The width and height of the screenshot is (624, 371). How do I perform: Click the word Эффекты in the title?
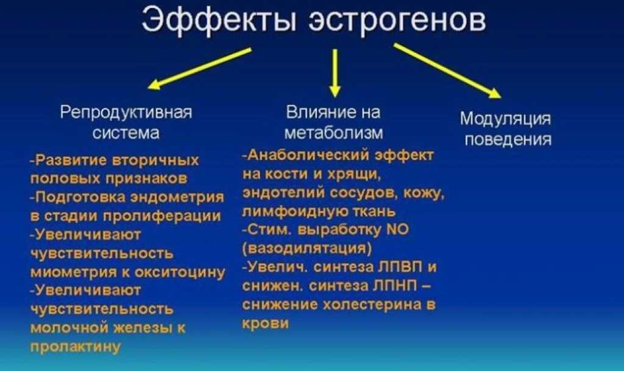[219, 20]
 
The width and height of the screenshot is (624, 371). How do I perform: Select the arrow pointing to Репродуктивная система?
[199, 68]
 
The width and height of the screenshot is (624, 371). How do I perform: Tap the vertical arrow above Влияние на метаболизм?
[335, 73]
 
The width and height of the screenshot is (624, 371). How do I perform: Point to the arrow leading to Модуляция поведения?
[447, 71]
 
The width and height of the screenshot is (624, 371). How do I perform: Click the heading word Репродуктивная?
[126, 113]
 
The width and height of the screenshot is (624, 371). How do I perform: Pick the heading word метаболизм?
[334, 133]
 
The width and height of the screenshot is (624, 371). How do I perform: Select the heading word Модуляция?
[505, 119]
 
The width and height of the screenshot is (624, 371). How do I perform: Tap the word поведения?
[508, 139]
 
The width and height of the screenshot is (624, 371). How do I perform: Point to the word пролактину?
[75, 347]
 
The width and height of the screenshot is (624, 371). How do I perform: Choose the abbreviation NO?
[397, 229]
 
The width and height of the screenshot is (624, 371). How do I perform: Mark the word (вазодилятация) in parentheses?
[307, 249]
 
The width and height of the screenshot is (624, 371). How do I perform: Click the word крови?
[266, 324]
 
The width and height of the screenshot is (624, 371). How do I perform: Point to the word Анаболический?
[309, 155]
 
